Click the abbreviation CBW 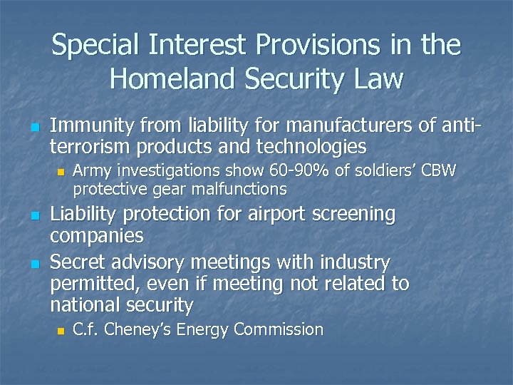coord(440,171)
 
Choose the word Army coord(91,171)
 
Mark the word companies coord(97,235)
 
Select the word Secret coord(79,262)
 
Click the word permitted coord(95,284)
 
